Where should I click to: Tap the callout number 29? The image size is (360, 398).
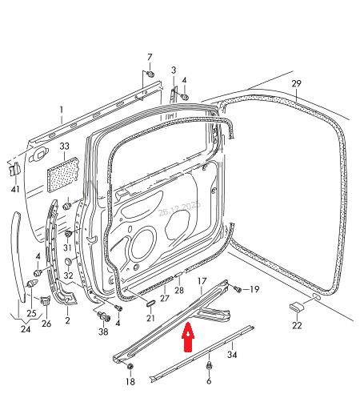[x=296, y=84]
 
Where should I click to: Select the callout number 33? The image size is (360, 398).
[x=65, y=147]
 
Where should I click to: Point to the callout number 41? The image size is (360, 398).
[x=15, y=189]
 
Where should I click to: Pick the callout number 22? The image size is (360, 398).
[x=297, y=325]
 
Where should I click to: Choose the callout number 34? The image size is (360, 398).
[x=233, y=354]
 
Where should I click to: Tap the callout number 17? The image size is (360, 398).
[x=202, y=281]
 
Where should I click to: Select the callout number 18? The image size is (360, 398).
[x=130, y=383]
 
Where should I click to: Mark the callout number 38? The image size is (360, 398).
[x=103, y=332]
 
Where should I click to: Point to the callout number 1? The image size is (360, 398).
[x=61, y=109]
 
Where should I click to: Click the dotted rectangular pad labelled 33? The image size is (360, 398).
[x=64, y=171]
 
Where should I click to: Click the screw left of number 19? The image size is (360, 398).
[x=237, y=288]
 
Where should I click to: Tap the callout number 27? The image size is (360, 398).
[x=164, y=299]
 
